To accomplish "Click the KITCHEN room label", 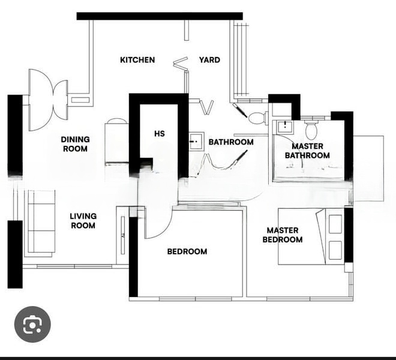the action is [x=137, y=60].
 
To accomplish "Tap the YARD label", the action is [x=209, y=60].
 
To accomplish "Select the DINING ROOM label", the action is [x=75, y=144].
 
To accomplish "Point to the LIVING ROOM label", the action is [x=83, y=221].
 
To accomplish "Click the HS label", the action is [x=160, y=133].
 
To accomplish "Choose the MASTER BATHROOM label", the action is [x=307, y=151].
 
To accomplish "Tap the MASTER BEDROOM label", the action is [x=283, y=235].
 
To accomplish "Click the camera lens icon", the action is [x=32, y=325].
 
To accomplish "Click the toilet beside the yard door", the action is [x=258, y=118].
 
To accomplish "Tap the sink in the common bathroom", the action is [x=196, y=141].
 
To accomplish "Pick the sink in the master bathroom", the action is [x=286, y=127].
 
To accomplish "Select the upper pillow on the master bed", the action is [x=335, y=224].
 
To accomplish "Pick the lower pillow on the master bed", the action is [x=335, y=250].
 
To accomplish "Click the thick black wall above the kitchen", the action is [x=160, y=16].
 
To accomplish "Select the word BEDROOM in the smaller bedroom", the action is [x=187, y=251].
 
